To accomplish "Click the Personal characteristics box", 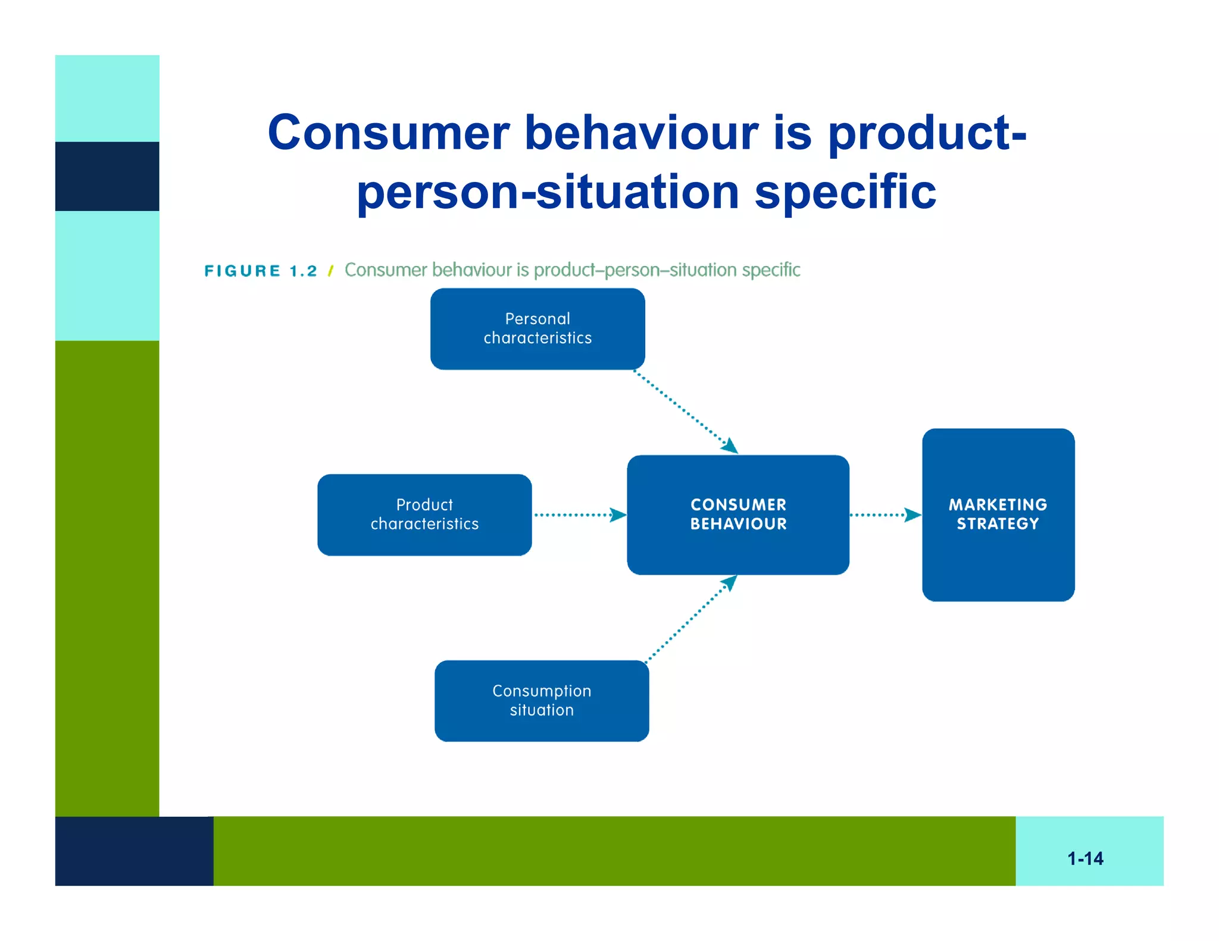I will click(x=537, y=328).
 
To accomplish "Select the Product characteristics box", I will click(x=424, y=515).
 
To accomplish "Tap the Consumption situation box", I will click(x=542, y=701).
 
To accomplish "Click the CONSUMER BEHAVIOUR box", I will click(x=738, y=515).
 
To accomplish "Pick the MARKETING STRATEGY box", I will click(x=998, y=515).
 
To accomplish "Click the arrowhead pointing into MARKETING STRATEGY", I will click(x=912, y=515).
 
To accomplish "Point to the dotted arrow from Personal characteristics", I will click(x=684, y=410).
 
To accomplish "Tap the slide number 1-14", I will click(x=1085, y=858).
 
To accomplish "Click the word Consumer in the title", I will click(x=388, y=133).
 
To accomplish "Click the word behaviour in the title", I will click(x=641, y=133).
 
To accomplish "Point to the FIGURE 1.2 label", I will click(x=261, y=271).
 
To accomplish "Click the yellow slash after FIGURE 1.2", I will click(x=330, y=271).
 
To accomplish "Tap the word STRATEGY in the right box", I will click(x=998, y=524).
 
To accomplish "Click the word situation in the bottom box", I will click(x=542, y=710).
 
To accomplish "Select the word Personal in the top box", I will click(x=537, y=319).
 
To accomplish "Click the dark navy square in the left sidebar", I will click(x=107, y=176).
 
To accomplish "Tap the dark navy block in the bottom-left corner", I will click(x=134, y=851).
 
